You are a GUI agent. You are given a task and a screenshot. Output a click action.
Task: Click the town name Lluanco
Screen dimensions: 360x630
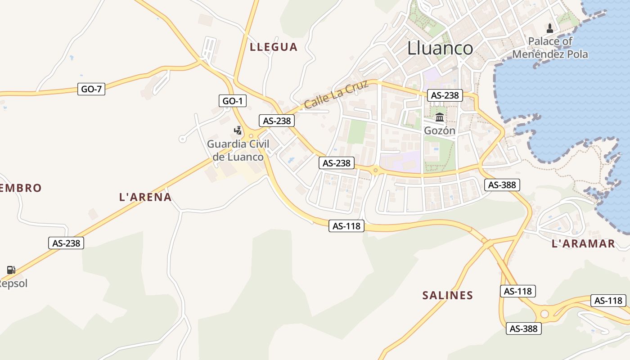[x=440, y=48]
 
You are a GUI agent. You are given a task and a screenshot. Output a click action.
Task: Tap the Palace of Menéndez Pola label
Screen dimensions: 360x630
[x=550, y=48]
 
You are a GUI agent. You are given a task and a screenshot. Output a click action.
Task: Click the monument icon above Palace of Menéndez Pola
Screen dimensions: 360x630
[x=549, y=28]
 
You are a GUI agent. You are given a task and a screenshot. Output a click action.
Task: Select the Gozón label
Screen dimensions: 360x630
[x=440, y=130]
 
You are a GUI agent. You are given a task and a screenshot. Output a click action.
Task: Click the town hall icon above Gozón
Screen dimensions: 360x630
[x=440, y=118]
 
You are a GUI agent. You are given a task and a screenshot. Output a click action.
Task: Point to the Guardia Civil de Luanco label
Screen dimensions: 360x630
[x=238, y=150]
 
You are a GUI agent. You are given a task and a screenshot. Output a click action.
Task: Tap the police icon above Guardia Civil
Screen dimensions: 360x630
[x=238, y=131]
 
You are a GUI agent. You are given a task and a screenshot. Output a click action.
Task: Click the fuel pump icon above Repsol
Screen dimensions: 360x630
[x=11, y=270]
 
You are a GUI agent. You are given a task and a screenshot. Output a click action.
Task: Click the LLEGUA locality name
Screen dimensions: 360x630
[x=274, y=47]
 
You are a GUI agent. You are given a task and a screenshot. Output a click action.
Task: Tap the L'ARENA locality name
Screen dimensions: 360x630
[x=145, y=197]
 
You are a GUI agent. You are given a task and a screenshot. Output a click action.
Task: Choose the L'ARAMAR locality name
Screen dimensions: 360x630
[x=583, y=244]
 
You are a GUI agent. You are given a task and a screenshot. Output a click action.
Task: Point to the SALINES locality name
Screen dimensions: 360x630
[x=448, y=296]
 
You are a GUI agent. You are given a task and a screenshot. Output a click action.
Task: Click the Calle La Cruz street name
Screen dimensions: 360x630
[x=336, y=94]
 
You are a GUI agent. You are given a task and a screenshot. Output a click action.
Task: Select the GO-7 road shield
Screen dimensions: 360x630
[x=91, y=89]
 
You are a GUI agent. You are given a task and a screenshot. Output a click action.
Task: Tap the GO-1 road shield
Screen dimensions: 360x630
[x=232, y=101]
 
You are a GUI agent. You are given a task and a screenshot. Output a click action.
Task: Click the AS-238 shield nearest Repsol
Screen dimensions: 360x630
[x=66, y=243]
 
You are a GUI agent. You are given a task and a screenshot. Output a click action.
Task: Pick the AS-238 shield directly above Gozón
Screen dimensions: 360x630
[x=445, y=95]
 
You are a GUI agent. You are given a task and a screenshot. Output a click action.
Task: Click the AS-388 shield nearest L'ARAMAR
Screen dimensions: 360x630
[x=502, y=184]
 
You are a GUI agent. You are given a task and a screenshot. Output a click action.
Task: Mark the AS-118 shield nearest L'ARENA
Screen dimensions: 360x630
[x=346, y=226]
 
